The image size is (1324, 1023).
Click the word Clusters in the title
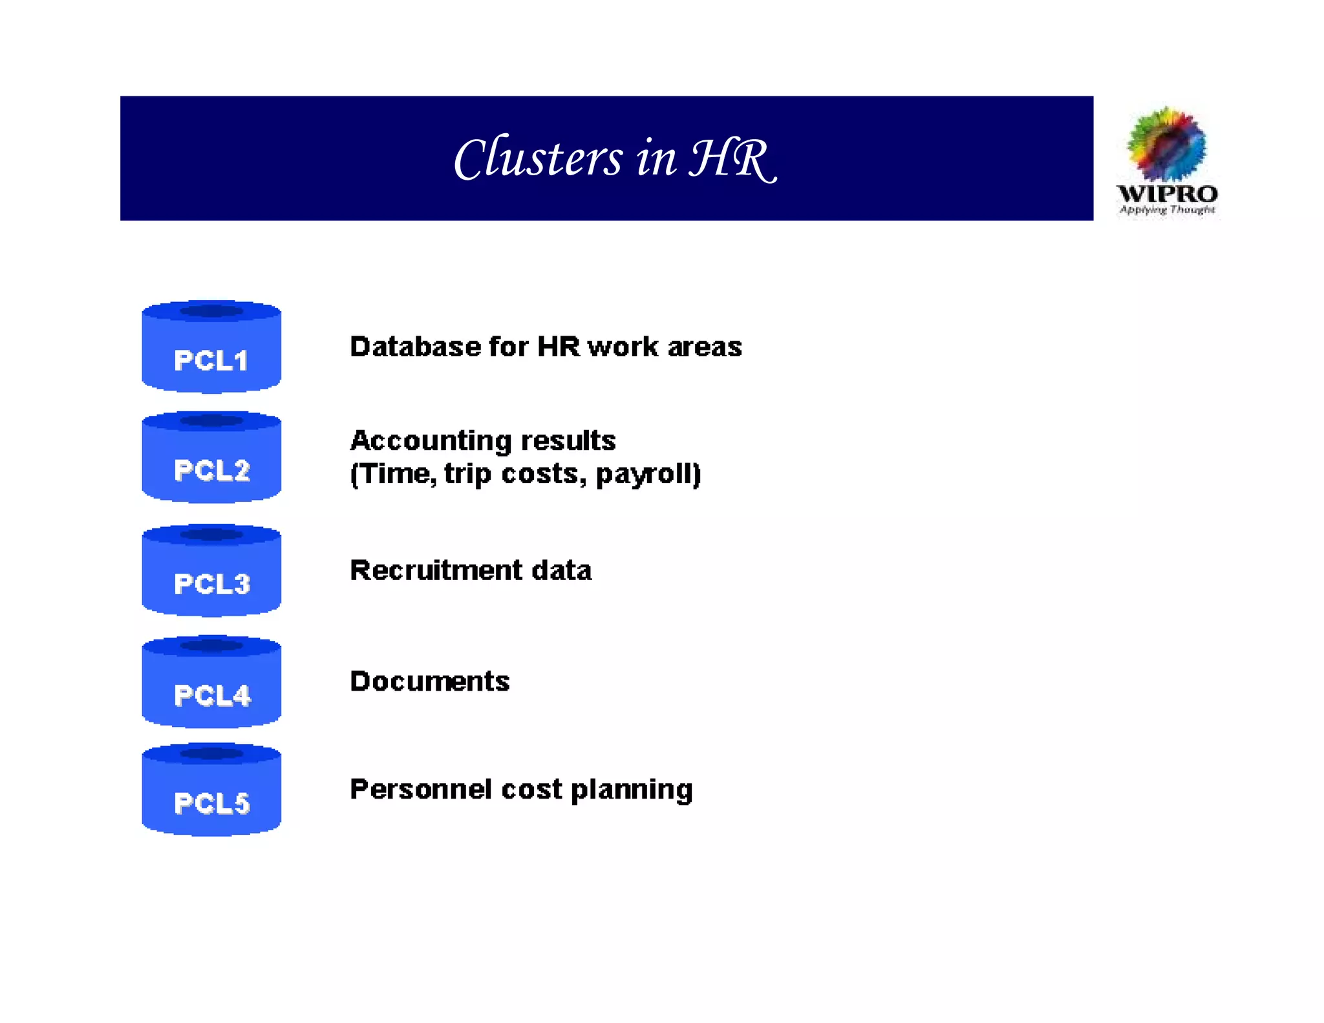coord(538,158)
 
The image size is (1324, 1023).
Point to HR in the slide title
coord(731,158)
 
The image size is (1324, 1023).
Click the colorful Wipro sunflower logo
coord(1166,144)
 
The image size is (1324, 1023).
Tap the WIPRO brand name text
coord(1167,193)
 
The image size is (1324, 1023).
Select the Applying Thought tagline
coord(1167,210)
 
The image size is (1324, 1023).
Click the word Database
coord(415,347)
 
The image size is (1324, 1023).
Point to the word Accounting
coord(431,441)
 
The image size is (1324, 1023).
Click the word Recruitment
coord(436,571)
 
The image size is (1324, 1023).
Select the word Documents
coord(430,682)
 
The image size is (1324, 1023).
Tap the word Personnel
coord(420,790)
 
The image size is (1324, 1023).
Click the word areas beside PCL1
coord(705,347)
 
